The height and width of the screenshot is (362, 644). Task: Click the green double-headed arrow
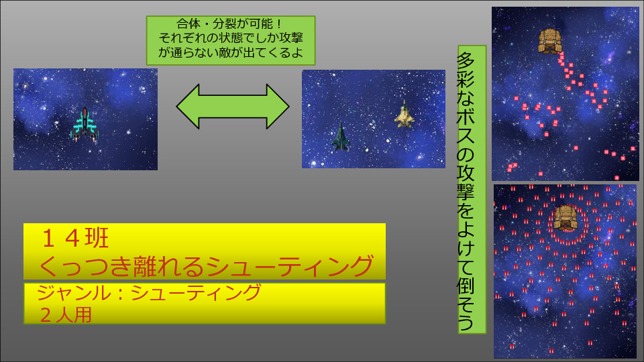(233, 107)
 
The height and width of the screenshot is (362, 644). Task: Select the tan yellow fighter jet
(405, 114)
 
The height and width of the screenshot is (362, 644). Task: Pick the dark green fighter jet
(341, 137)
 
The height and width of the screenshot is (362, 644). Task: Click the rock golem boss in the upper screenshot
(550, 41)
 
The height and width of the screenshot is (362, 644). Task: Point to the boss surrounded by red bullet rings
(566, 218)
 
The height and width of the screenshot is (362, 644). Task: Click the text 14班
(75, 239)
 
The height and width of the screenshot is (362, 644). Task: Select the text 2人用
(66, 315)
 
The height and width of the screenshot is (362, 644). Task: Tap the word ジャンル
(74, 293)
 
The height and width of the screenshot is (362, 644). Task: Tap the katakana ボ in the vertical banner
(466, 115)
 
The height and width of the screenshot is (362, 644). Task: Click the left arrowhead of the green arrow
(188, 107)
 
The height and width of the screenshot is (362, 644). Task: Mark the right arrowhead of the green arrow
(278, 107)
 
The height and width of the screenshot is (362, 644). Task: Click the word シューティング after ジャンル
(196, 293)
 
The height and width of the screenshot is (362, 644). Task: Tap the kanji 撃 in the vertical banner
(466, 190)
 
